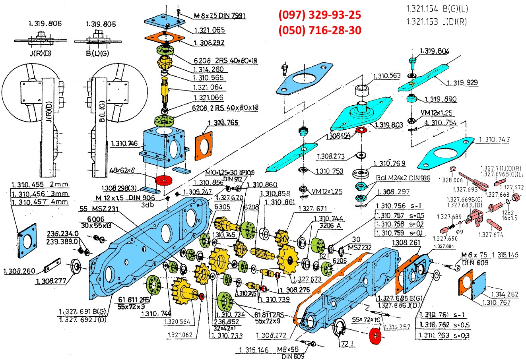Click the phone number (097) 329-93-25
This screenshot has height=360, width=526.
point(320,15)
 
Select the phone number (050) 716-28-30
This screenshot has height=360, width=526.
point(320,30)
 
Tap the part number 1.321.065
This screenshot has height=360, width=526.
point(210,30)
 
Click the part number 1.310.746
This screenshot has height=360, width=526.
point(125,142)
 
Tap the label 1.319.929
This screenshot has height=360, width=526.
point(462,83)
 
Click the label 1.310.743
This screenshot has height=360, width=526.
point(495,139)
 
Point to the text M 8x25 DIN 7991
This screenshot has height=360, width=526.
point(219,16)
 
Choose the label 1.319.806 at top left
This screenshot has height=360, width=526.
point(45,24)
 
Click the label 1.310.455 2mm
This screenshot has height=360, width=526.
point(40,185)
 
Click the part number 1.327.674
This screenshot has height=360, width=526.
point(491,234)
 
